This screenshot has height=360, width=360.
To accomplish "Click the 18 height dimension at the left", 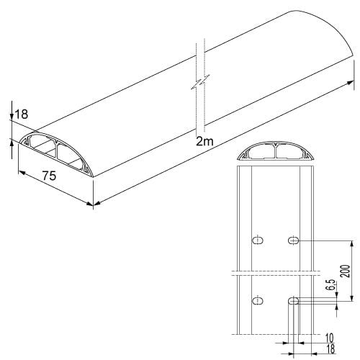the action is (x=22, y=114).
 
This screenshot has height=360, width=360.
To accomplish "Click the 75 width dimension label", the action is (x=49, y=176).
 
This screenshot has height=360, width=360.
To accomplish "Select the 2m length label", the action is (x=204, y=141).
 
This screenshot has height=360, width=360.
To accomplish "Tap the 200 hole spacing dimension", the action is (x=346, y=271).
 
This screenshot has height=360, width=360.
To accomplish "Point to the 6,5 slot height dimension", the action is (x=332, y=285).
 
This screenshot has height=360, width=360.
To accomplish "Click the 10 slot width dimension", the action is (x=330, y=338).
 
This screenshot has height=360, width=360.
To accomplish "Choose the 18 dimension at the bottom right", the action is (x=330, y=349).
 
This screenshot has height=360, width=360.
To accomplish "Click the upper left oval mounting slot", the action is (x=258, y=240).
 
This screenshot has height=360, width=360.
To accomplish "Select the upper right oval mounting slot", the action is (x=293, y=240).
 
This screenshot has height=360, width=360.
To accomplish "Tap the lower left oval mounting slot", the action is (x=258, y=301).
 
